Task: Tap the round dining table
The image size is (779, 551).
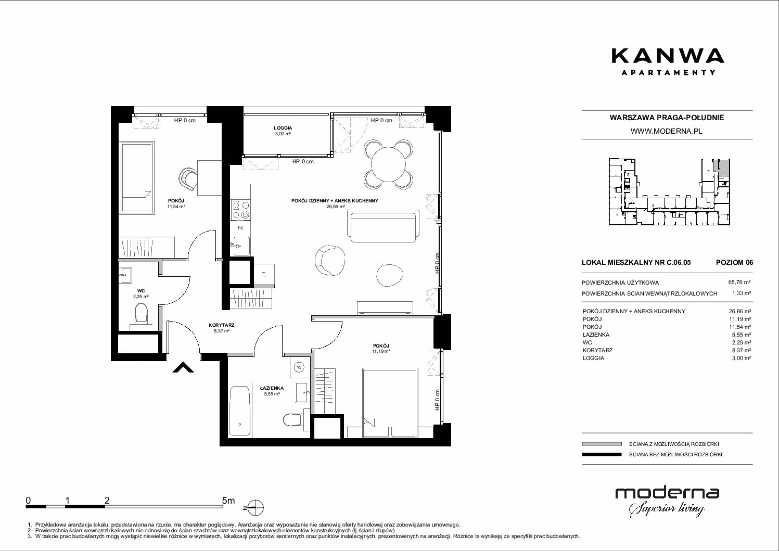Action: pos(388,164)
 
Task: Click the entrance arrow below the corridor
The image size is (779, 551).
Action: pos(183,367)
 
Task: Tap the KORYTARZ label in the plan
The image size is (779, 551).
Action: pos(222,325)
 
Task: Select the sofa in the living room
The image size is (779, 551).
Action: pos(383,227)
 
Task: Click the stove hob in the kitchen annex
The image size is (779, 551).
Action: pos(240,210)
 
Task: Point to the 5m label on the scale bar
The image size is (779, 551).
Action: pos(228,501)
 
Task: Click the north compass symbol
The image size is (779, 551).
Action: pos(255,508)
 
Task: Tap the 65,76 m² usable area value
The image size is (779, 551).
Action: pos(739,283)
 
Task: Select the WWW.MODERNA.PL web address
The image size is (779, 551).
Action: pos(667,131)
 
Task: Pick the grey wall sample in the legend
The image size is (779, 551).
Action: pos(602,444)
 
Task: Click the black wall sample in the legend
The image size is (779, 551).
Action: pos(602,454)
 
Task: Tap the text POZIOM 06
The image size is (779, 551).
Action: pos(734,262)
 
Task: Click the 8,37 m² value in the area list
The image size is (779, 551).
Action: pos(739,350)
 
